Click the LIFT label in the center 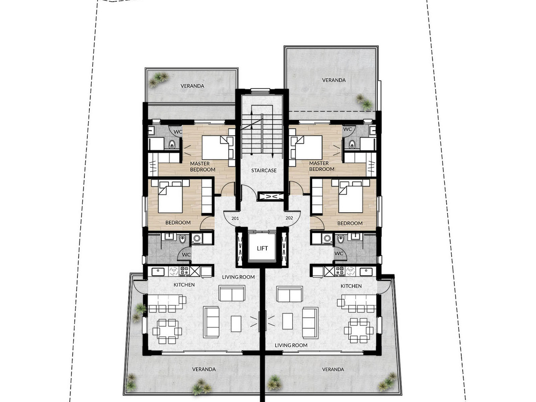coord(262,248)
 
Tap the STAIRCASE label coord(264,170)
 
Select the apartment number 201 coord(235,218)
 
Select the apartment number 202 coord(289,218)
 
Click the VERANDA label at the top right coord(334,80)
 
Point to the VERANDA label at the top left coord(193,86)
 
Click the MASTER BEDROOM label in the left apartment coord(203,166)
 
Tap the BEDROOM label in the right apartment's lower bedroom coord(350,223)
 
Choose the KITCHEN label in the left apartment coord(184,285)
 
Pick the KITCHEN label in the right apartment coord(351,286)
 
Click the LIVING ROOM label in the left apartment coord(238,277)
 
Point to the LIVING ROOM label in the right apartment coord(291,345)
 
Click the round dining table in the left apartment coord(167,331)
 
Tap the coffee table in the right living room coord(287,321)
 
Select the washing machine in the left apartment coord(196,238)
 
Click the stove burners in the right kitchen coord(340,271)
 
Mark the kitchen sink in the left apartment coord(158,271)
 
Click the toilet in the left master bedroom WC coord(172,144)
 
